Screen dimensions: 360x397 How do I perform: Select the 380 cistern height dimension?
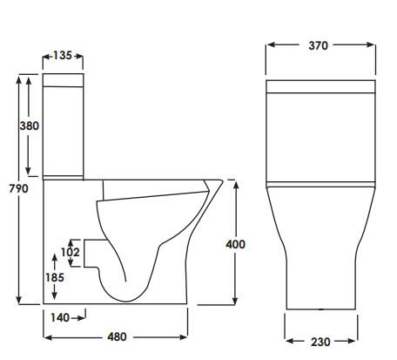pos(30,125)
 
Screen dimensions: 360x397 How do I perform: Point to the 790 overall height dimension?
pos(18,188)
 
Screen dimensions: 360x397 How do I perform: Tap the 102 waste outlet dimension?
pos(71,253)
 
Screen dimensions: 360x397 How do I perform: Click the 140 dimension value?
pos(60,317)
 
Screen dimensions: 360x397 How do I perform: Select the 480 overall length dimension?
pos(117,336)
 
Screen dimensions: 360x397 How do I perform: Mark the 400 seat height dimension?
pos(235,244)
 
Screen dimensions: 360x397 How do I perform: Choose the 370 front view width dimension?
pos(319,45)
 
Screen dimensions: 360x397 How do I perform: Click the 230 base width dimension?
pos(320,342)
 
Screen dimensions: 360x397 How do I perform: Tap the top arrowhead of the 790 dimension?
pos(18,79)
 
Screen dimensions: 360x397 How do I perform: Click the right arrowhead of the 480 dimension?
pos(186,336)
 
